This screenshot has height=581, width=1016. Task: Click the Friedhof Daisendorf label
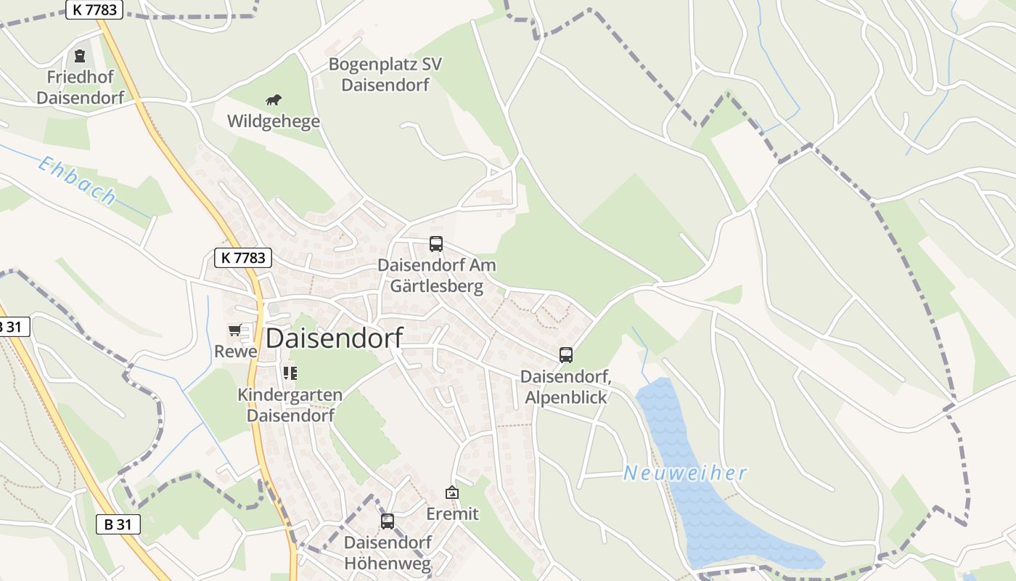(x=80, y=87)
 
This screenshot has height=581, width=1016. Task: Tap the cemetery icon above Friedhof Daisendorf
(x=80, y=55)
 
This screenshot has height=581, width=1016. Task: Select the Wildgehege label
(x=274, y=121)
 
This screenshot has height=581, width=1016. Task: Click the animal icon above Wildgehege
(x=273, y=99)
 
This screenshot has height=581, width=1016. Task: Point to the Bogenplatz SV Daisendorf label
(x=385, y=74)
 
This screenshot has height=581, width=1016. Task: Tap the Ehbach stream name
(x=77, y=181)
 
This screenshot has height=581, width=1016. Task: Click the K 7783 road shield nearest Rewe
(x=243, y=257)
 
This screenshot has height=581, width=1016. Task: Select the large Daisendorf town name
(x=334, y=338)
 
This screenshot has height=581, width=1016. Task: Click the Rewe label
(x=235, y=352)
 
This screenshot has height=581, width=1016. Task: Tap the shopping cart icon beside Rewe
(x=234, y=330)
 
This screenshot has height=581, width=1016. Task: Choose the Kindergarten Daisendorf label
(x=290, y=405)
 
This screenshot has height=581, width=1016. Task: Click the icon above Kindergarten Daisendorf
(x=290, y=373)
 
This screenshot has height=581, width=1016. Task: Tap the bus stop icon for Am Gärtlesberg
(x=435, y=244)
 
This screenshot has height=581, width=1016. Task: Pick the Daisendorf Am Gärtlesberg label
(x=437, y=275)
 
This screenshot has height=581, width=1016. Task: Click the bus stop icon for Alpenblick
(x=566, y=355)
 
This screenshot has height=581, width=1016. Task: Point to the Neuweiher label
(x=685, y=474)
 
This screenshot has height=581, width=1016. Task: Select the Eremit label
(x=452, y=514)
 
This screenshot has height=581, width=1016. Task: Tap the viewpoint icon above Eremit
(x=452, y=492)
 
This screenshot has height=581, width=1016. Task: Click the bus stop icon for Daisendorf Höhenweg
(x=388, y=521)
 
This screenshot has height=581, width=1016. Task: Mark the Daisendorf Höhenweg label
(x=388, y=553)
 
